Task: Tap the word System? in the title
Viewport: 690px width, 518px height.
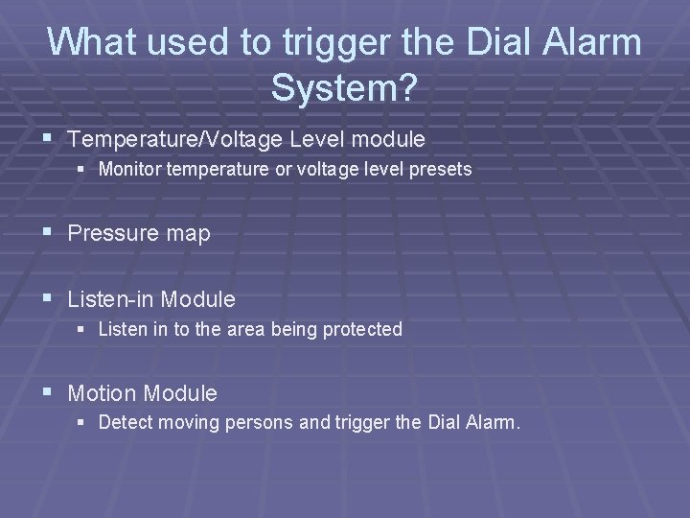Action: pos(344,88)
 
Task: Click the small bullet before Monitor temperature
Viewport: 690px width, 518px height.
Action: pos(85,170)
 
